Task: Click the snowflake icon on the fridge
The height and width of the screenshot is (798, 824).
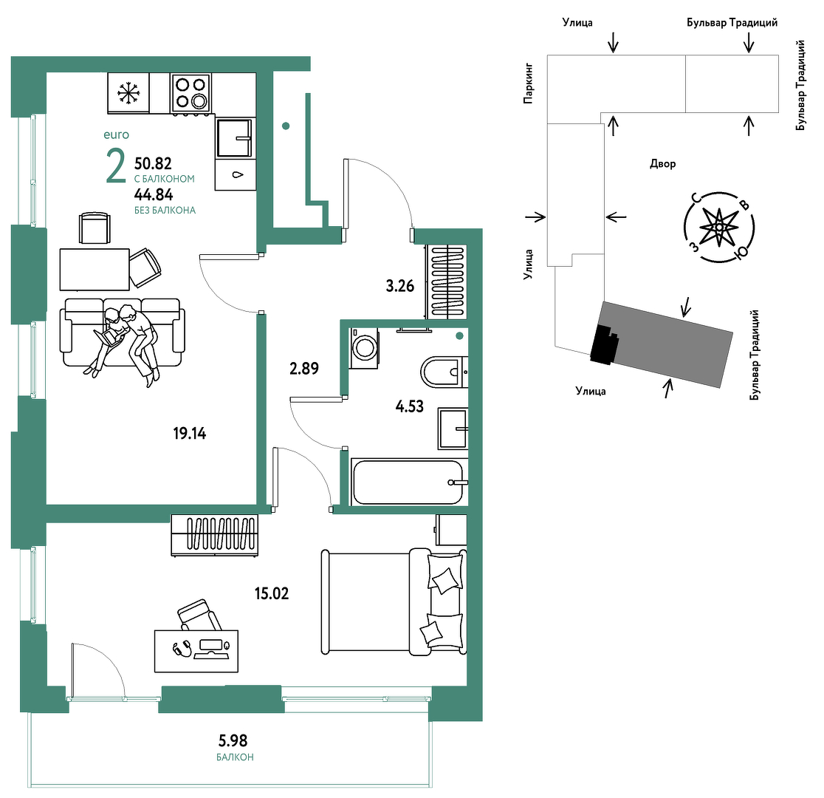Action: (127, 92)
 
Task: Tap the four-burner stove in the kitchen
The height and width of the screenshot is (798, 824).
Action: (190, 92)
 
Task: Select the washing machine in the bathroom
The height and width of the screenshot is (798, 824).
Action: (364, 348)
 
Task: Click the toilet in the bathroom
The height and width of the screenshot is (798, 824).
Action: (444, 372)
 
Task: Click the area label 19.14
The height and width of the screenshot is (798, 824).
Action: (190, 434)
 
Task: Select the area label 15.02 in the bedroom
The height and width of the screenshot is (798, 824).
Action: (272, 593)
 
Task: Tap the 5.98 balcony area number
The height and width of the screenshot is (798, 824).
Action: (233, 740)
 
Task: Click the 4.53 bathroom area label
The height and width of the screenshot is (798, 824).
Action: (409, 406)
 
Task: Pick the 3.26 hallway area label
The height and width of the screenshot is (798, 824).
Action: (400, 286)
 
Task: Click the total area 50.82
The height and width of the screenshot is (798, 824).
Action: (153, 163)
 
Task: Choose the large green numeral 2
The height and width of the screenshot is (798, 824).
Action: (116, 166)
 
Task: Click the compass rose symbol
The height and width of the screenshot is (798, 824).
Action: (719, 228)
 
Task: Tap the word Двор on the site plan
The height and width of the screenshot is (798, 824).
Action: (662, 163)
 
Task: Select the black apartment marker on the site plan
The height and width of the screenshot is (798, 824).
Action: (604, 344)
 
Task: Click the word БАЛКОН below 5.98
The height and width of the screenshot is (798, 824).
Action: (235, 757)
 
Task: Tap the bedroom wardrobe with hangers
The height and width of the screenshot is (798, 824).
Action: (214, 535)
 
